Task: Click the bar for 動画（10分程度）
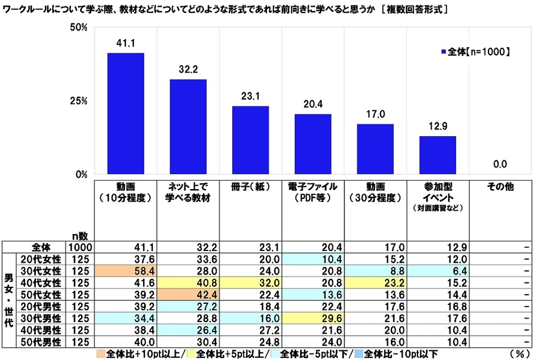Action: pos(126,114)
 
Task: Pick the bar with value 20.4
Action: pos(313,144)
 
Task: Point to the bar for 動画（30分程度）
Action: pos(376,149)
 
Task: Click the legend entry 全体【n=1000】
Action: pos(475,52)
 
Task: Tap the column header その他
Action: pos(500,187)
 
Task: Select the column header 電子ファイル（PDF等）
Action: pos(313,192)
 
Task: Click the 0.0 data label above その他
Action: pos(500,165)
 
